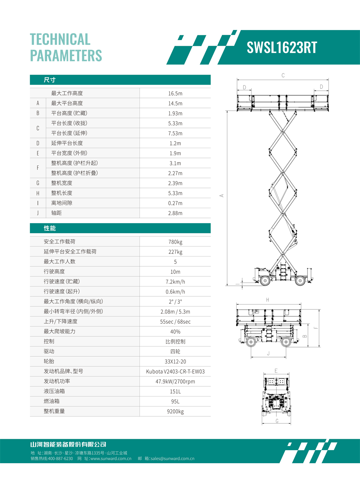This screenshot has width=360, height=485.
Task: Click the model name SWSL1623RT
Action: [x=282, y=48]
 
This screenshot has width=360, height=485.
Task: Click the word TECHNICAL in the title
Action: [x=60, y=39]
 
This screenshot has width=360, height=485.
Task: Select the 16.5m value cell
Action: [x=175, y=93]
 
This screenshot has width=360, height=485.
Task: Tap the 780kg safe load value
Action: [x=175, y=242]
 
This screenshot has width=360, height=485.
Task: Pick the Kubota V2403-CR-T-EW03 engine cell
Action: [x=175, y=372]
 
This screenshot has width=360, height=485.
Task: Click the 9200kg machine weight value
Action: [x=175, y=411]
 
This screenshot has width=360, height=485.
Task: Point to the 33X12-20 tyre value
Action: [x=175, y=362]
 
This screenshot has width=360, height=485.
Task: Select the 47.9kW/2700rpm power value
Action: [x=175, y=381]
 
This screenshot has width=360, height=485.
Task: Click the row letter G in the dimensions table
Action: [x=38, y=183]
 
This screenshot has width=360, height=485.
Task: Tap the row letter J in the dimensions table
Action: [x=38, y=213]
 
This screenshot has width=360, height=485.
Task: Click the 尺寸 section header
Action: [x=49, y=80]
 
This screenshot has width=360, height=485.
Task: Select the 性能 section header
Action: [x=49, y=228]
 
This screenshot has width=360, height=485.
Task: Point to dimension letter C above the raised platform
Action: [x=283, y=75]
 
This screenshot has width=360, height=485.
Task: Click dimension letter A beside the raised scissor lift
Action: [x=222, y=195]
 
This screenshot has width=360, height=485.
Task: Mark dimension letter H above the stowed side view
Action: [x=267, y=300]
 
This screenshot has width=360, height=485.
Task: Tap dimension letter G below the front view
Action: [x=277, y=421]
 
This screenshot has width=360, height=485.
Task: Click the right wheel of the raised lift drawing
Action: [x=300, y=280]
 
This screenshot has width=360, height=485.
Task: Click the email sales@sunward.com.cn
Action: [x=172, y=459]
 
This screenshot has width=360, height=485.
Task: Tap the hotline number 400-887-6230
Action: [x=60, y=459]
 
